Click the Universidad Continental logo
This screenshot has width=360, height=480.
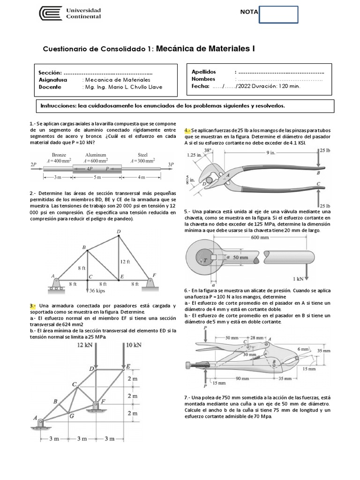(70, 14)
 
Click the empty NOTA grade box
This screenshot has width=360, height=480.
(278, 15)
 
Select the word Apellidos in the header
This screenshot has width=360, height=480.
(203, 72)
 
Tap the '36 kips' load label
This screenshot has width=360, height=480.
(97, 291)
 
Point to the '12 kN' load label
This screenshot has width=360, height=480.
(85, 345)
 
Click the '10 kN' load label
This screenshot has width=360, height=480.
(134, 345)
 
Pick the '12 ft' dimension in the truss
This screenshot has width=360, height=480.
(125, 262)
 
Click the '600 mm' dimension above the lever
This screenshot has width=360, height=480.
(260, 238)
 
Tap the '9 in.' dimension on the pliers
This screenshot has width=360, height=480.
(270, 152)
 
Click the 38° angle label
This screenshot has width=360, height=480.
(208, 150)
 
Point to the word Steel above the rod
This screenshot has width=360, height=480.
(142, 155)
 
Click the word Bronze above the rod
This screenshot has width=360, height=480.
(59, 155)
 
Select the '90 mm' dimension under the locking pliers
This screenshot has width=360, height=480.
(242, 379)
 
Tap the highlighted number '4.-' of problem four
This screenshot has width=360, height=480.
(187, 131)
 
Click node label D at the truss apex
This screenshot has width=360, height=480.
(119, 232)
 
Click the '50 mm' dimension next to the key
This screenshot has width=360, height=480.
(240, 257)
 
